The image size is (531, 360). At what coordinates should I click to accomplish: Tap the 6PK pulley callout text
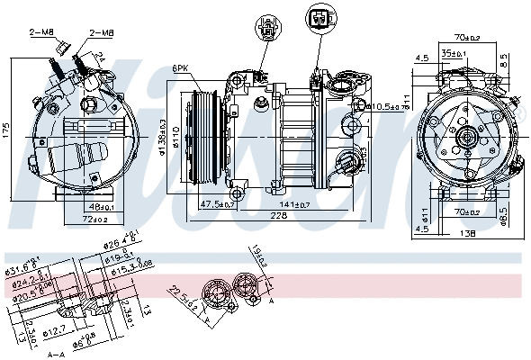180,67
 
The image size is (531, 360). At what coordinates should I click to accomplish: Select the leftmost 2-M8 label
41,33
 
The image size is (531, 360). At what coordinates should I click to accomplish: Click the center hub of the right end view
465,137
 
